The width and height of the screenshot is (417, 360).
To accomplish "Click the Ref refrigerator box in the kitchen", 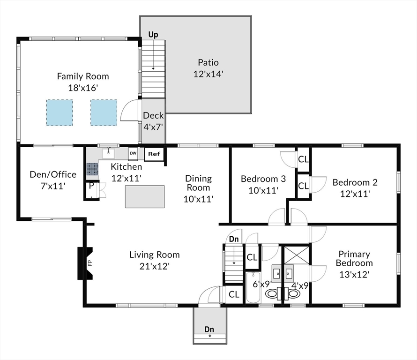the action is (x=154, y=154).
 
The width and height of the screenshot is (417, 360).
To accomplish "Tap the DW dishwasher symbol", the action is (x=133, y=154).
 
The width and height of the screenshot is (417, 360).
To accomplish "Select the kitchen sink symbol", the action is (x=109, y=154).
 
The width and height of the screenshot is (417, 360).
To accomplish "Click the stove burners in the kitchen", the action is (x=92, y=169).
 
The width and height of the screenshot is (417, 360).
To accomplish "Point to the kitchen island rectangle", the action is (x=145, y=196).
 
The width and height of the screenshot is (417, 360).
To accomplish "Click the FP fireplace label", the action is (x=90, y=263).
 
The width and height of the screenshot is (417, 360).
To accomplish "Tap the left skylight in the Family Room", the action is (x=60, y=112).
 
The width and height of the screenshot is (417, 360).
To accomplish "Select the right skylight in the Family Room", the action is (x=104, y=112).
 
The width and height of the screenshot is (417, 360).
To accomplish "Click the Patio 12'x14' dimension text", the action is (x=208, y=74).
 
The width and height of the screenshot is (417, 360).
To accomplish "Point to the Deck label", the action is (x=153, y=115).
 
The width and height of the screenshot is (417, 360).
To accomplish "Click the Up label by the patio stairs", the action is (x=153, y=35).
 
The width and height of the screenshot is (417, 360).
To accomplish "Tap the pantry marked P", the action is (x=92, y=190).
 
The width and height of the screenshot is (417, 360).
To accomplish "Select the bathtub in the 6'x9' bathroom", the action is (x=253, y=288).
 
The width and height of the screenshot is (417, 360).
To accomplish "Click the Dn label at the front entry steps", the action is (x=209, y=330).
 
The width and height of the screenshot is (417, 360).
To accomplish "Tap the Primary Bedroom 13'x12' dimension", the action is (x=354, y=274).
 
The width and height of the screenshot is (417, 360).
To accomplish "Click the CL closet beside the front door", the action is (x=234, y=294).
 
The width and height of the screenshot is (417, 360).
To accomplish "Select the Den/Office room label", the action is (x=53, y=174).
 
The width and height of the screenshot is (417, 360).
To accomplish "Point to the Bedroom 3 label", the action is (x=263, y=179).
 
